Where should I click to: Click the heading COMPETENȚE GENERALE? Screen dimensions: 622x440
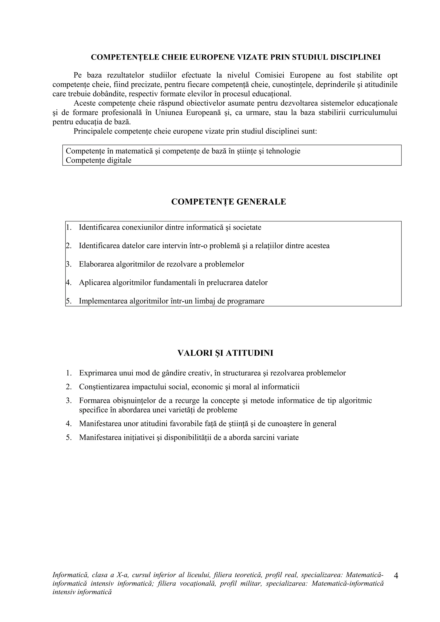tap(229, 202)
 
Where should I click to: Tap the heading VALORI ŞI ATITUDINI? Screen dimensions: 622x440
tap(225, 353)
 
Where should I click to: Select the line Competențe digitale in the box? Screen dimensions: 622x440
tap(98, 160)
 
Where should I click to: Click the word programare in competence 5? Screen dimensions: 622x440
tap(246, 301)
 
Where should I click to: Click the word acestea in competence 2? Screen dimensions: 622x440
tap(318, 246)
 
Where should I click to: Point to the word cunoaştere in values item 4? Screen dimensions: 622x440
tap(285, 423)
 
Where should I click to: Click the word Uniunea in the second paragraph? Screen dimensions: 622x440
tap(169, 112)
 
